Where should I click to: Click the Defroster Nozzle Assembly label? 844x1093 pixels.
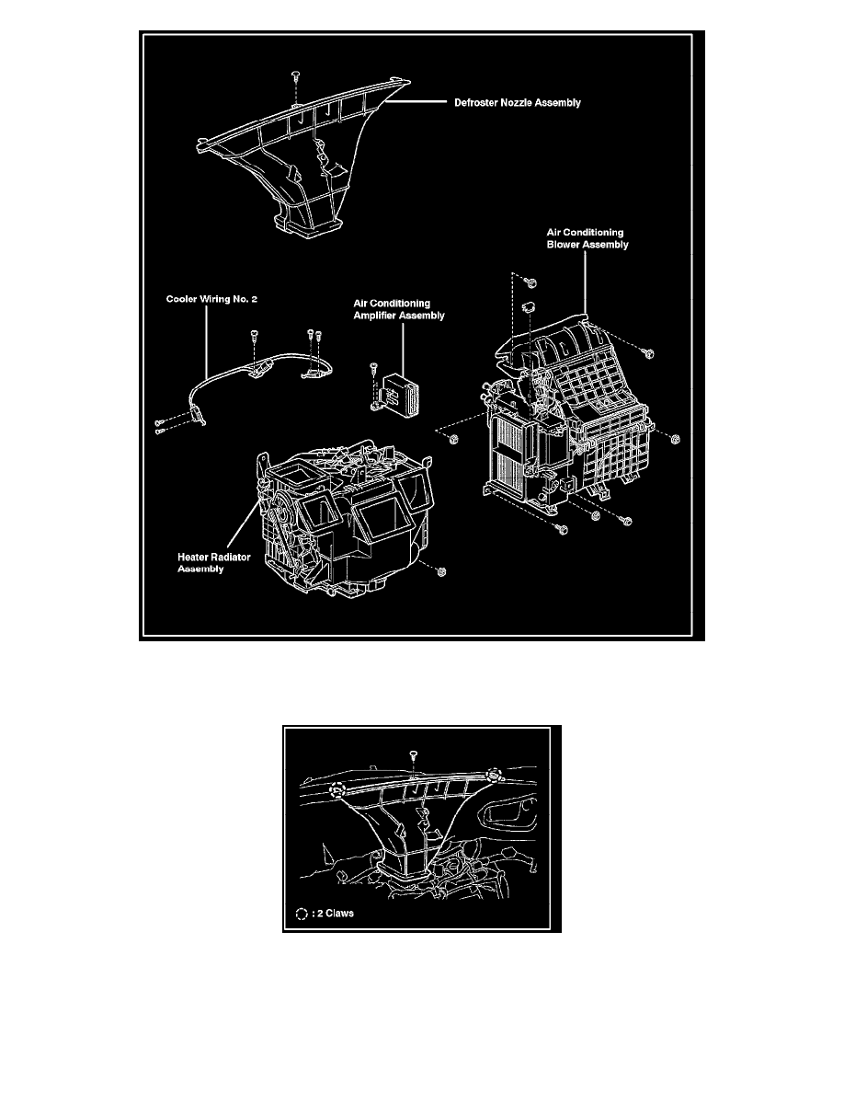(518, 104)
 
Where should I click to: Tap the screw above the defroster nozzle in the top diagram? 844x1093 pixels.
(294, 73)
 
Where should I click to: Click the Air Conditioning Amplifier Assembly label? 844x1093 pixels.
(400, 308)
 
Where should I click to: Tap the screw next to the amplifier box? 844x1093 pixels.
(374, 368)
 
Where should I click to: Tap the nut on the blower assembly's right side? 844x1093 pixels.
(675, 439)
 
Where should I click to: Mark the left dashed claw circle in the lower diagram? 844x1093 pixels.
(338, 788)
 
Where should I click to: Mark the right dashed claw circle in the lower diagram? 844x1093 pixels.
(495, 773)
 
